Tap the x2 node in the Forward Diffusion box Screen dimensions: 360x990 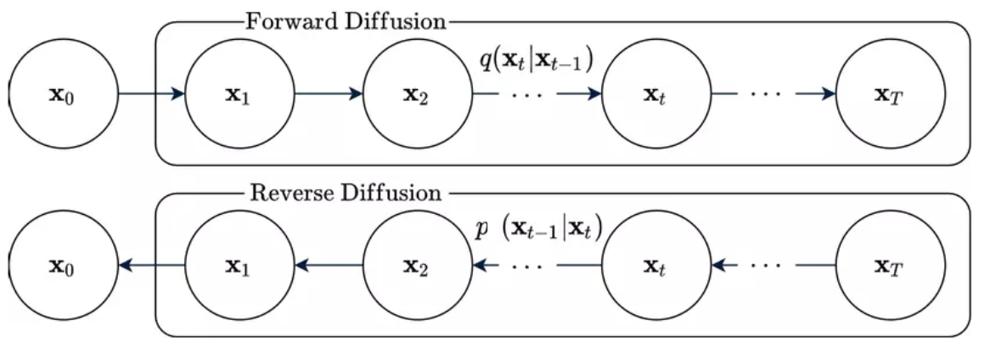tap(418, 93)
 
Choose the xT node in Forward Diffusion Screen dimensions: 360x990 tap(891, 93)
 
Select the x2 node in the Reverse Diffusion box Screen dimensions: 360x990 tap(418, 266)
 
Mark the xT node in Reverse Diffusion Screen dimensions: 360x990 tap(891, 266)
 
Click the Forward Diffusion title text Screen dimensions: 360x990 tap(344, 21)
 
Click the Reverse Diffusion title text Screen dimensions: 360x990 tap(345, 193)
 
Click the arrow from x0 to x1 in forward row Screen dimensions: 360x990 tap(151, 93)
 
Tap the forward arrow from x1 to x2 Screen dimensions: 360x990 tap(329, 93)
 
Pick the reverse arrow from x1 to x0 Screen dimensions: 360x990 tap(151, 266)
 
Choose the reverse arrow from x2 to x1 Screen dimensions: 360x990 tap(329, 266)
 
